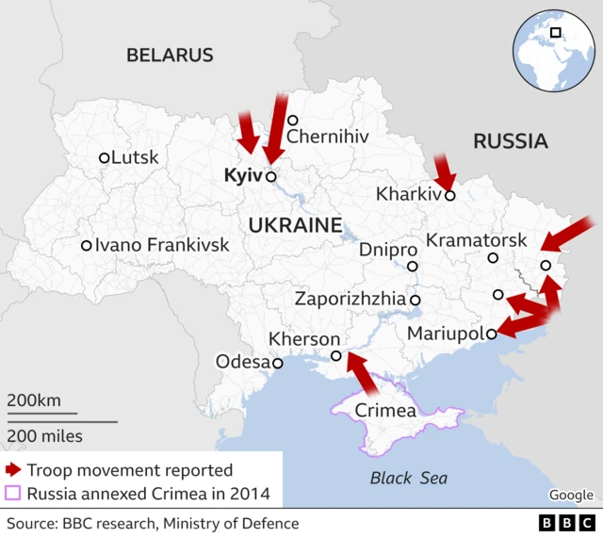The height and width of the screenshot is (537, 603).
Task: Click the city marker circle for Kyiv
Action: point(270,176)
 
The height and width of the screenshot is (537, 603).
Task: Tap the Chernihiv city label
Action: point(327,138)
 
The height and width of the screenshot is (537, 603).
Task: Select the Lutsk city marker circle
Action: point(105,158)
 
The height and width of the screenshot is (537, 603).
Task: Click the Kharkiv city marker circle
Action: point(450,196)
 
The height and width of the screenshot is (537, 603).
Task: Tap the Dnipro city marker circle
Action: point(412,266)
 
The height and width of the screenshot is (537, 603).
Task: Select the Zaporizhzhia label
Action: point(350,300)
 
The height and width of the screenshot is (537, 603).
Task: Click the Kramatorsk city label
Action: point(477,240)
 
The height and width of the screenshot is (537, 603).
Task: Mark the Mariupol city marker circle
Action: point(491,333)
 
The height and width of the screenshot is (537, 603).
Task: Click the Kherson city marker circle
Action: point(335,356)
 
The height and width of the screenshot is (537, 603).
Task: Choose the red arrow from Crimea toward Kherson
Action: point(362,372)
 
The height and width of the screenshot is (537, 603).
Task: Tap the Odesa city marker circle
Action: point(277,363)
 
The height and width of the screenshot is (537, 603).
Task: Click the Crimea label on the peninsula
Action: point(384,412)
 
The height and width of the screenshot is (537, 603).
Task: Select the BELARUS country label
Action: point(170,55)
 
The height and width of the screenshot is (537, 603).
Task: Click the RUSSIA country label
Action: point(510,141)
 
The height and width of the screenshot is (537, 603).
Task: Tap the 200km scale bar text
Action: point(34,400)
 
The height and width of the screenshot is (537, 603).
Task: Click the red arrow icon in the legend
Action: point(13,469)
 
